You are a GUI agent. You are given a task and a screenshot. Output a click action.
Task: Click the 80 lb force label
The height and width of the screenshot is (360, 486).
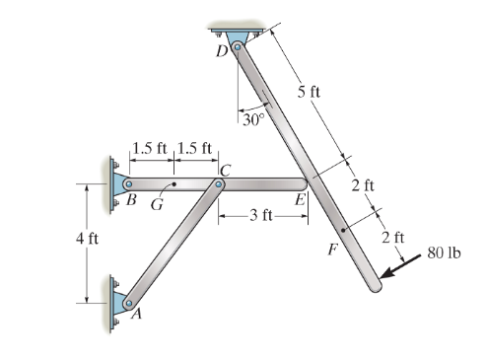coord(445,254)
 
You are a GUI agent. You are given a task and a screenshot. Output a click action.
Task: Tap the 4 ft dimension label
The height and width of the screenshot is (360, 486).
coord(87,239)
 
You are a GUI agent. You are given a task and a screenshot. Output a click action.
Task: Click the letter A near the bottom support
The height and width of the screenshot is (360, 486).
coord(135,314)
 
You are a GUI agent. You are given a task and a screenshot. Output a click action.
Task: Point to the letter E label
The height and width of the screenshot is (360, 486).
coord(299,199)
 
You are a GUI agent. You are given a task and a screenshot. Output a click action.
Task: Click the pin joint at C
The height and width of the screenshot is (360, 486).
coord(219,183)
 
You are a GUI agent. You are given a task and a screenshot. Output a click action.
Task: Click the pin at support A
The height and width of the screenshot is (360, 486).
coord(126,302)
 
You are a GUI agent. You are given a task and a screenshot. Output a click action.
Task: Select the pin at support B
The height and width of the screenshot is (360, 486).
coord(128,183)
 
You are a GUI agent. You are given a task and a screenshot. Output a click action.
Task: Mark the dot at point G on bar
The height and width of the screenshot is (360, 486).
coord(174,183)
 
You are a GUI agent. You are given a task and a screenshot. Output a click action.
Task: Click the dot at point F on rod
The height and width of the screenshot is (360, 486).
coord(341,230)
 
